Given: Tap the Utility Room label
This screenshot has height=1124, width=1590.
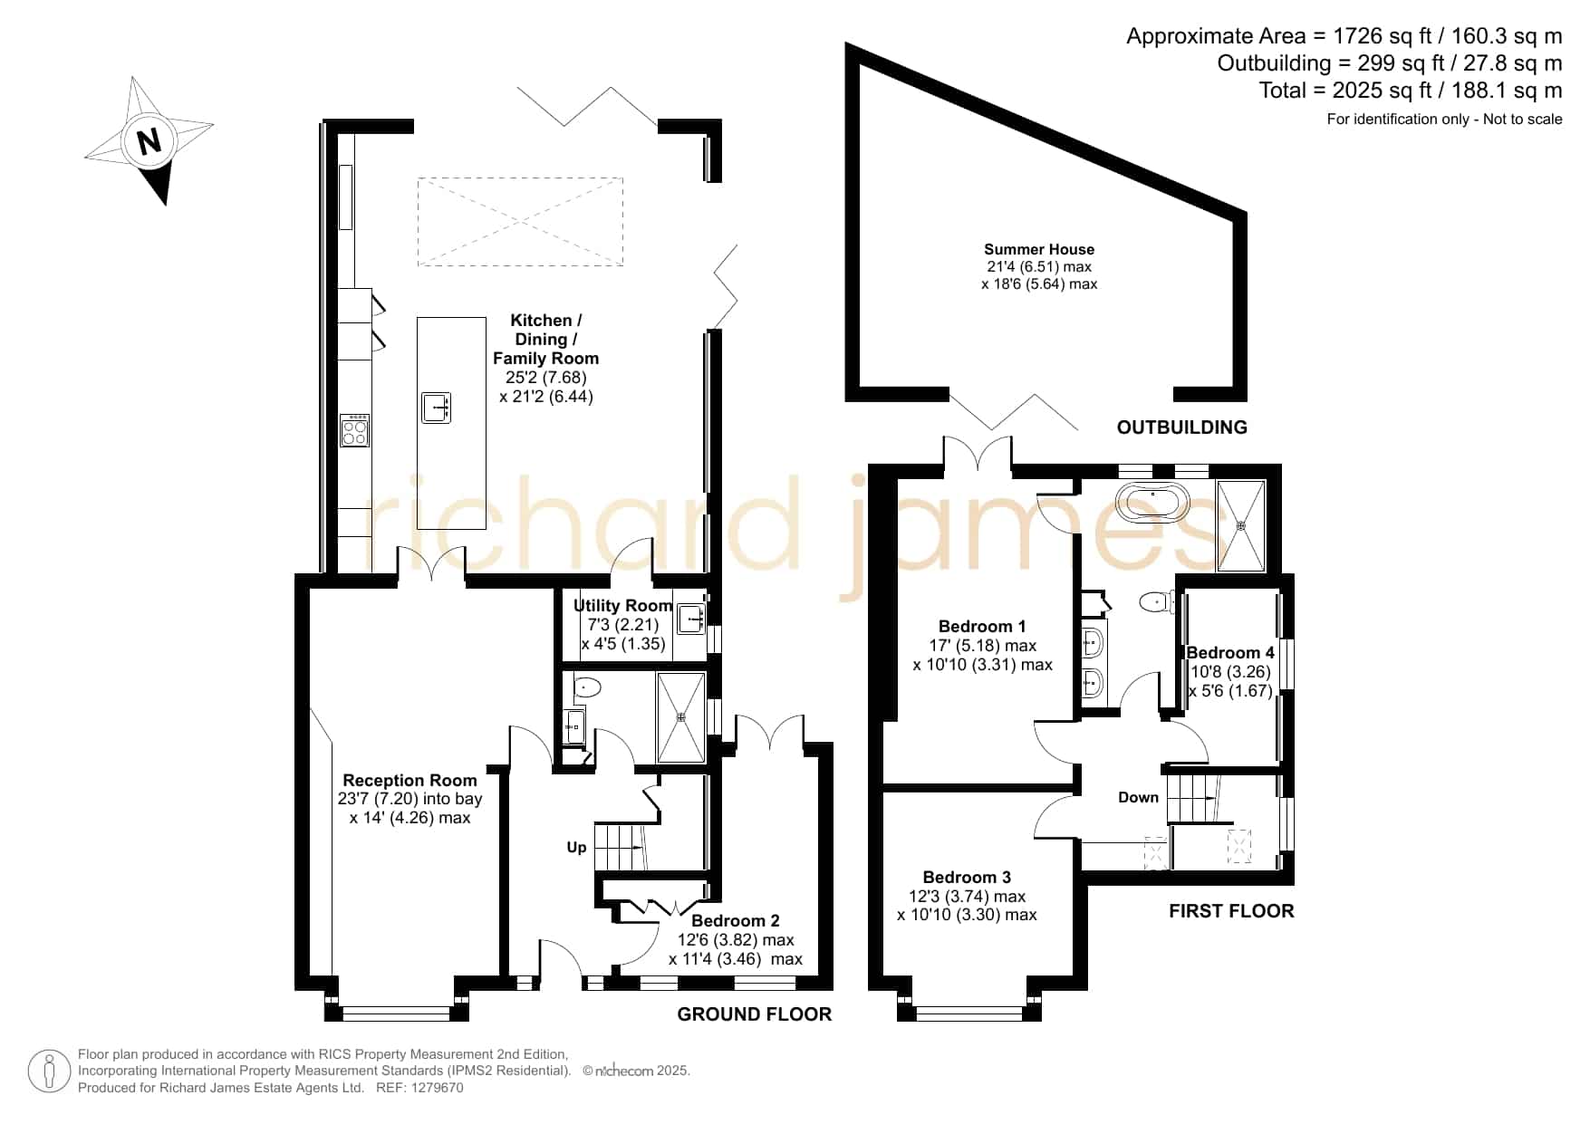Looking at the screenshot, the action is click(x=623, y=606).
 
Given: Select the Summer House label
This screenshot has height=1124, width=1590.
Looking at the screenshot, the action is click(x=1039, y=249).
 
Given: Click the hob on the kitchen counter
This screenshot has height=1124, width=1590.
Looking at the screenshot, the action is click(x=354, y=430).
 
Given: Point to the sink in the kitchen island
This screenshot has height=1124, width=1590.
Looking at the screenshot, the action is click(x=436, y=408).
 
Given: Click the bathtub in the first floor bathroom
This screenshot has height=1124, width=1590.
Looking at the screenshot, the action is click(x=1152, y=502).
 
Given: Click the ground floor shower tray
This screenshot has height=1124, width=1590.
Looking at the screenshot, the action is click(x=680, y=717).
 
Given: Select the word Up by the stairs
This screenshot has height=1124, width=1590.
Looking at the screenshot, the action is click(x=576, y=848).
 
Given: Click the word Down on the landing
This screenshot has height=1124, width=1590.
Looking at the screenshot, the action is click(x=1138, y=797).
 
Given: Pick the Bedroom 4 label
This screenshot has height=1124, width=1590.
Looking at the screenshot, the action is click(x=1230, y=652).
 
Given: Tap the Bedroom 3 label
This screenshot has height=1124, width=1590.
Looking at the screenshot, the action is click(x=967, y=877).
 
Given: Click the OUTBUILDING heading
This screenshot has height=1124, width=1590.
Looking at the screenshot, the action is click(x=1181, y=428).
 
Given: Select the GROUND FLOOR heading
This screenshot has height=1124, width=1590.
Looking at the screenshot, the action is click(x=755, y=1014).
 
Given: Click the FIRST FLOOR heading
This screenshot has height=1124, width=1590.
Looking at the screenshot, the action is click(x=1231, y=911).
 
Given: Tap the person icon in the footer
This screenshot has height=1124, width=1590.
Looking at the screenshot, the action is click(x=49, y=1071).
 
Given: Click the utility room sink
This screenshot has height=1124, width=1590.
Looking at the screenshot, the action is click(x=691, y=619).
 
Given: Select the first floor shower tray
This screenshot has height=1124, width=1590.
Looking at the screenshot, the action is click(x=1241, y=526).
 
